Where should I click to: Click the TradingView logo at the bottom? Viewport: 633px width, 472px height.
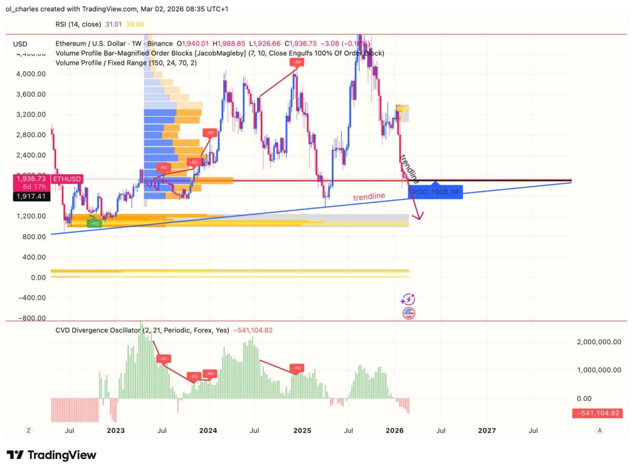(51, 455)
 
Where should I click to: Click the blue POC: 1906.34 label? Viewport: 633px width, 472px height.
(435, 192)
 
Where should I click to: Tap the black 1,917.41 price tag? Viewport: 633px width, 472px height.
(29, 196)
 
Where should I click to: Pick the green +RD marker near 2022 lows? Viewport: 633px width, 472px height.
(93, 223)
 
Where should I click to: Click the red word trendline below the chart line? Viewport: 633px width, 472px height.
(369, 196)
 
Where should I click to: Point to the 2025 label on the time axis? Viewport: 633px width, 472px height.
(302, 430)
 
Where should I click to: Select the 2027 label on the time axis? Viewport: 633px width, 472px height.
(486, 430)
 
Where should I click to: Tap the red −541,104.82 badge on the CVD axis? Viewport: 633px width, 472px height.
(597, 413)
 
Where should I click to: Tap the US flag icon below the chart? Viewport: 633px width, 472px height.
(408, 313)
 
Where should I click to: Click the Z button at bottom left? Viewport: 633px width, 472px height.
(28, 430)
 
